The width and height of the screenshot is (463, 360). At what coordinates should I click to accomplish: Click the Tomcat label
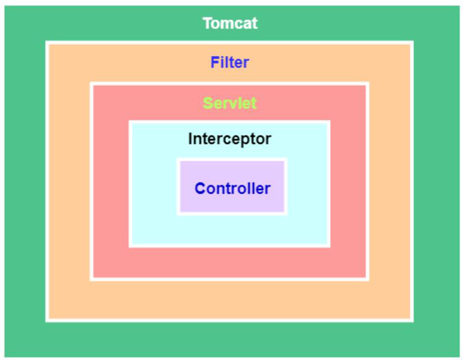230,23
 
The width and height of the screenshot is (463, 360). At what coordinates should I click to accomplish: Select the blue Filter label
229,62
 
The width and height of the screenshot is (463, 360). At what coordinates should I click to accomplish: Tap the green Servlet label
229,103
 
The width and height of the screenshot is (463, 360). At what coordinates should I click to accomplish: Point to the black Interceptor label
229,138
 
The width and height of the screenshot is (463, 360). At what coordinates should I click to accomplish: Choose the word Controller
232,188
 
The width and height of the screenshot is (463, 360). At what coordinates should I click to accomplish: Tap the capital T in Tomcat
207,23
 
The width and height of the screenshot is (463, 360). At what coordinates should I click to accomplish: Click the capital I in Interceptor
190,138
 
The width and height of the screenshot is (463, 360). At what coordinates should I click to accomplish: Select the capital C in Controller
200,188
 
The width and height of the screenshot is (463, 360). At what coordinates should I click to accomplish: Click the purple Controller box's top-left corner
180,161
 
